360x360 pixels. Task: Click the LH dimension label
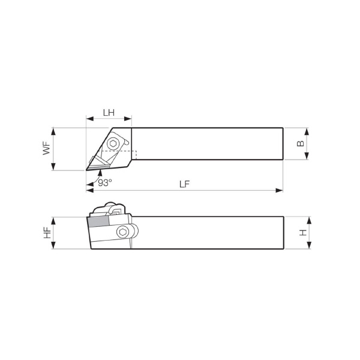tap(109, 113)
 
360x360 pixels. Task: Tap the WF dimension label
tap(47, 148)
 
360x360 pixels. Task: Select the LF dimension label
tap(185, 184)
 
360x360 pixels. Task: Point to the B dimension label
tap(301, 143)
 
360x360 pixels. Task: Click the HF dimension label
tap(47, 233)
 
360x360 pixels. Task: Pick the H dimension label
tap(303, 233)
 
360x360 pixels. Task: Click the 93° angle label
tap(105, 183)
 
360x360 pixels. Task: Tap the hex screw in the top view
tap(113, 144)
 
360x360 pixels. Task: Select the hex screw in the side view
tap(122, 232)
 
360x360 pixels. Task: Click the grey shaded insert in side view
tap(98, 221)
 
